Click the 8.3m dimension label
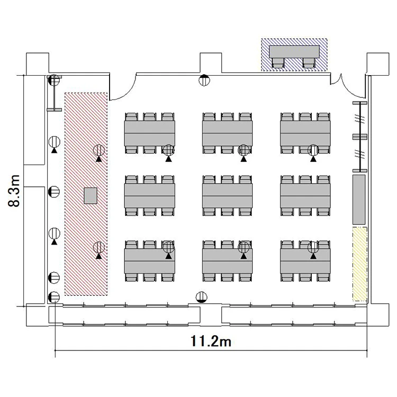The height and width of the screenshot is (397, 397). pyautogui.click(x=14, y=191)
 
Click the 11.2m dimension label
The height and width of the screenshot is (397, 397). pyautogui.click(x=211, y=341)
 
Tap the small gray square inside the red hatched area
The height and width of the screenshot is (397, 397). pyautogui.click(x=91, y=195)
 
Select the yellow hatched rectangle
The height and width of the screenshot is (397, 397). pyautogui.click(x=360, y=264)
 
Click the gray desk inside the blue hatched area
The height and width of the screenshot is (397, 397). pyautogui.click(x=294, y=52)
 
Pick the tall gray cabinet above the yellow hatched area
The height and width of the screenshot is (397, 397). pyautogui.click(x=359, y=200)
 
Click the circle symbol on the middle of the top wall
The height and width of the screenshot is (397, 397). pyautogui.click(x=204, y=80)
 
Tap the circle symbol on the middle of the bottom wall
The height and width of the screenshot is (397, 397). pyautogui.click(x=202, y=297)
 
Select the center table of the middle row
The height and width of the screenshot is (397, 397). pyautogui.click(x=228, y=196)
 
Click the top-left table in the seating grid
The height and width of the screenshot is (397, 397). pyautogui.click(x=150, y=133)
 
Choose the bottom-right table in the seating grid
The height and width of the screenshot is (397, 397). pyautogui.click(x=305, y=261)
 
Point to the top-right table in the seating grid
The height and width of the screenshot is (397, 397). pyautogui.click(x=305, y=133)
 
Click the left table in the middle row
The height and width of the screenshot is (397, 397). pyautogui.click(x=150, y=196)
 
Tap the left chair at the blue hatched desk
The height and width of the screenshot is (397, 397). pyautogui.click(x=278, y=63)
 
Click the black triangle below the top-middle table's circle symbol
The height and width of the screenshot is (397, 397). pyautogui.click(x=243, y=159)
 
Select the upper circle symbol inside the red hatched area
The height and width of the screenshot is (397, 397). pyautogui.click(x=99, y=150)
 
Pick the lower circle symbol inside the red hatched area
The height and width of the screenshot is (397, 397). pyautogui.click(x=99, y=247)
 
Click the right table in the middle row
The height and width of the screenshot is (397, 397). pyautogui.click(x=305, y=196)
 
